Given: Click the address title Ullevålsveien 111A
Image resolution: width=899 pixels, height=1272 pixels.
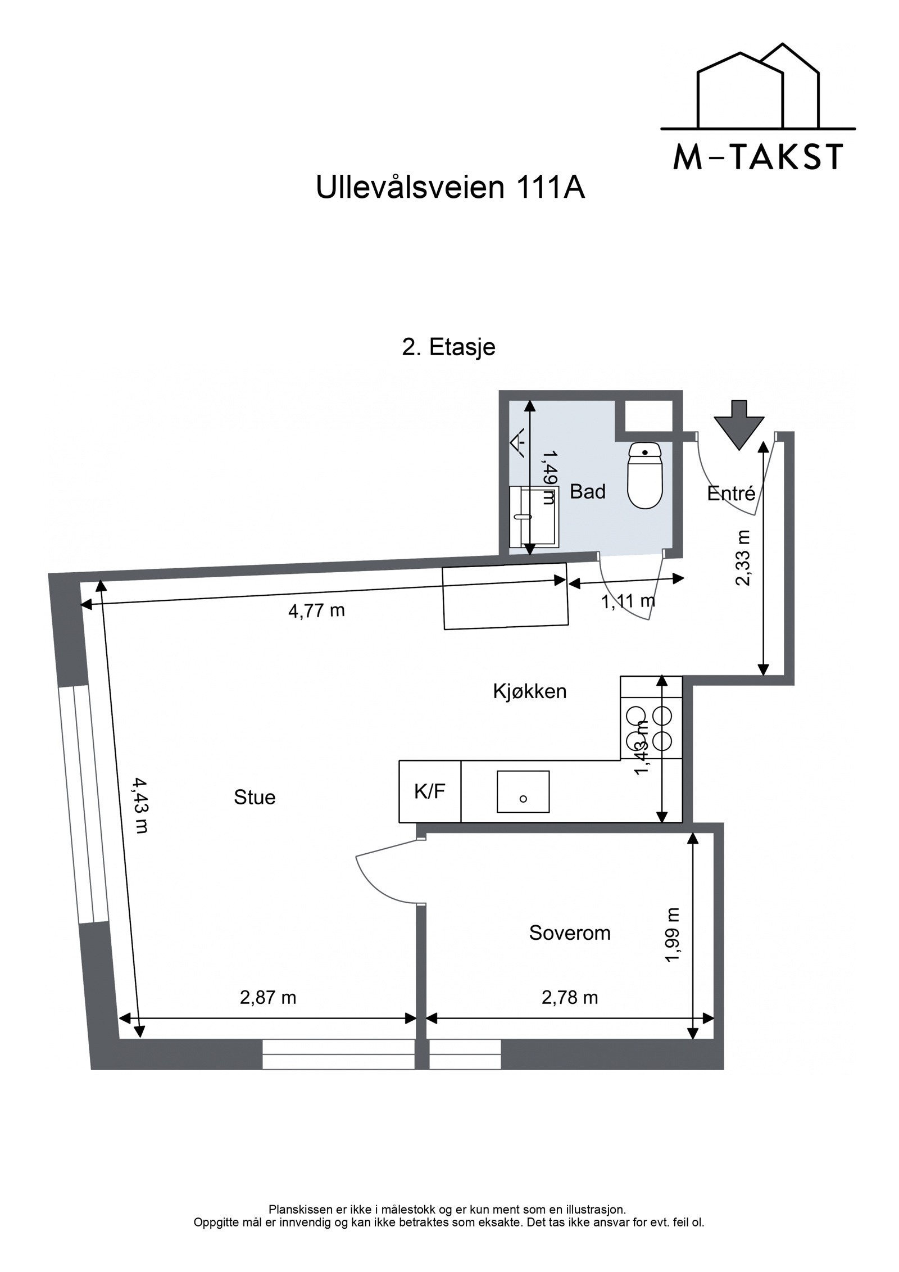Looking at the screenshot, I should click(x=450, y=188).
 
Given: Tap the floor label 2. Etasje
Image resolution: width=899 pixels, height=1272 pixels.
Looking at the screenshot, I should click(x=448, y=347).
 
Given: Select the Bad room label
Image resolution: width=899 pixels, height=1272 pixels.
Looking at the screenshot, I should click(x=587, y=492).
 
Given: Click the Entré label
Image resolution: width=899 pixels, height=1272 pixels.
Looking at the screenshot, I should click(x=730, y=494).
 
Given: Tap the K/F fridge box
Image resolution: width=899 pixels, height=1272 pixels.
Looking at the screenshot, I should click(x=429, y=791).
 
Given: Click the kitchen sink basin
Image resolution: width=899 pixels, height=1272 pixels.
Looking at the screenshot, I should click(x=523, y=791).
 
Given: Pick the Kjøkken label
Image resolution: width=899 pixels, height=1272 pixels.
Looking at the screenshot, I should click(x=529, y=691).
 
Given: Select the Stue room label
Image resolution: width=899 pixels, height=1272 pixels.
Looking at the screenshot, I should click(x=255, y=798).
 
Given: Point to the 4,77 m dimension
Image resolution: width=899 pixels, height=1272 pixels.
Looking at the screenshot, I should click(x=316, y=610).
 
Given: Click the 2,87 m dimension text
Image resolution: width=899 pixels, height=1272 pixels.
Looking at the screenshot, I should click(x=267, y=998).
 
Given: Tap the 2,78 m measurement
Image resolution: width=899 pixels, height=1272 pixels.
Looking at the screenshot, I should click(x=569, y=998).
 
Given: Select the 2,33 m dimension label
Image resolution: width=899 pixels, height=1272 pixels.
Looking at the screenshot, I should click(x=743, y=558).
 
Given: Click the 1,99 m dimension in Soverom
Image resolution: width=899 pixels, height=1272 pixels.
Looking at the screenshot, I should click(x=672, y=935).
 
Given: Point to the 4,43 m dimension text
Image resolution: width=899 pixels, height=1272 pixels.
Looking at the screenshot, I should click(x=140, y=805).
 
